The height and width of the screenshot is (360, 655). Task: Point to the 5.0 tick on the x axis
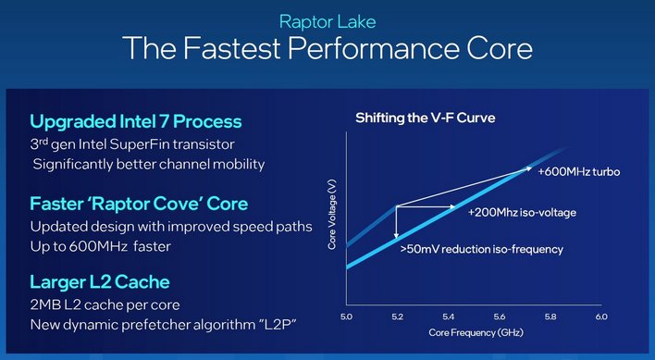point(346,317)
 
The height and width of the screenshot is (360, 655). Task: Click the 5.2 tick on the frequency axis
point(397,317)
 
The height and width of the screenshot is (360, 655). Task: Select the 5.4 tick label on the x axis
point(448,317)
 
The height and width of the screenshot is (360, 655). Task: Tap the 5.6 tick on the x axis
point(500,317)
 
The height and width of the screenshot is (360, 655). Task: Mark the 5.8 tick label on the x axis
point(550,317)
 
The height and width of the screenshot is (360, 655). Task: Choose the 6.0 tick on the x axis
point(600,317)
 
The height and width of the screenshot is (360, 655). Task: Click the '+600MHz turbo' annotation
point(578,172)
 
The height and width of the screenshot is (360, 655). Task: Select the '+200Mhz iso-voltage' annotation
point(523,212)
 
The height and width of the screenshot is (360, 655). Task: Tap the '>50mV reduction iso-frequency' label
point(481,249)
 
